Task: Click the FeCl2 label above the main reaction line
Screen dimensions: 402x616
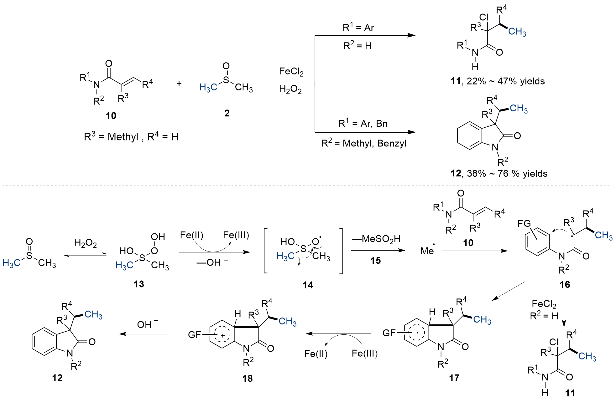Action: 291,72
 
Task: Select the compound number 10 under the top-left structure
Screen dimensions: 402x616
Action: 111,116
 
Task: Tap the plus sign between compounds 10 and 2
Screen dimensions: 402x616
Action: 179,84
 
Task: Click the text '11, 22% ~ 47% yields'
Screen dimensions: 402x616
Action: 498,81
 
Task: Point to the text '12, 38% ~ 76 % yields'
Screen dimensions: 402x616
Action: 499,174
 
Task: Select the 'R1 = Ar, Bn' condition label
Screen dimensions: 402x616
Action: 363,124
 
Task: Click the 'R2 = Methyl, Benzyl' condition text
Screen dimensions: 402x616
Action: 364,143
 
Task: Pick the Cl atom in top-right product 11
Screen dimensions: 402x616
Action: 484,18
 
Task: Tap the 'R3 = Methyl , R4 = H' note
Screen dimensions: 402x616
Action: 131,137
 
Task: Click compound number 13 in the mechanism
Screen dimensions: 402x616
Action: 139,284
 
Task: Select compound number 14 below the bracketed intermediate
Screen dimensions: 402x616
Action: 308,285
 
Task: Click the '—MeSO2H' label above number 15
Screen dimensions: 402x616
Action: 376,239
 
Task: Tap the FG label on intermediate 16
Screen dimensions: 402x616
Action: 524,223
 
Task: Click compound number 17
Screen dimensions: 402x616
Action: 454,378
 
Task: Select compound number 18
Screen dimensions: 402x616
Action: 247,379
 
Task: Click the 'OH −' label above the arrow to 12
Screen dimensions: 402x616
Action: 147,324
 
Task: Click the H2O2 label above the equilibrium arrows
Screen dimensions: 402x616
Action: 85,243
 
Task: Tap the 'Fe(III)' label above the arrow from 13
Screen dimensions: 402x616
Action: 236,235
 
